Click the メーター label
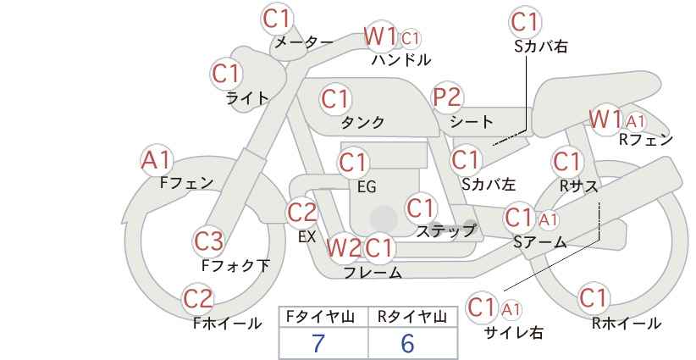[304, 42]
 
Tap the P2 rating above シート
[447, 97]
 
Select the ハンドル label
[401, 59]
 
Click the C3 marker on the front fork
[208, 241]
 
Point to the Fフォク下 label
[235, 265]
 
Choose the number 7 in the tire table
[318, 343]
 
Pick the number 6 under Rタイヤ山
[407, 343]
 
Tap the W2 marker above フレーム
[344, 247]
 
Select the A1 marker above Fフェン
[156, 160]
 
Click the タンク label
[362, 122]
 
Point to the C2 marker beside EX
[301, 213]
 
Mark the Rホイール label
[627, 324]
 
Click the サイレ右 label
[514, 333]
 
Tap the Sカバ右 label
[541, 47]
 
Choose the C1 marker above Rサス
[566, 161]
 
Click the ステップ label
[446, 231]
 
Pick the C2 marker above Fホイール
[198, 299]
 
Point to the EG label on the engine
[367, 187]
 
